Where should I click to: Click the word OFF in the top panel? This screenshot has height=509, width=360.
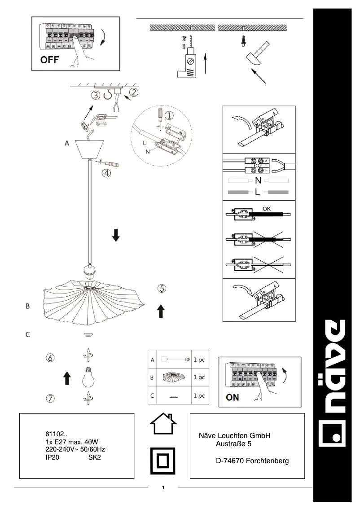[x=50, y=60]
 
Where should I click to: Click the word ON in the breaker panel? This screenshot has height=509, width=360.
[x=233, y=397]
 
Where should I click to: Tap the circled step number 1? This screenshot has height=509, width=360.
[x=169, y=115]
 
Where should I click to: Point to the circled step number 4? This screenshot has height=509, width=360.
[x=106, y=173]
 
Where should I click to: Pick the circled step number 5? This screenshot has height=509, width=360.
[x=162, y=289]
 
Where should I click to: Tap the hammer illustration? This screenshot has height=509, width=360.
[x=257, y=53]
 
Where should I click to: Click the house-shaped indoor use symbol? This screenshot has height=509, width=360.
[x=162, y=424]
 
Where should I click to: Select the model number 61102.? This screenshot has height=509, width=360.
[x=56, y=434]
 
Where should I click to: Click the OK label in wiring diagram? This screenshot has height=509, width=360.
[x=267, y=209]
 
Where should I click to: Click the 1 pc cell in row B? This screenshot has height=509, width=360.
[x=199, y=377]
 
